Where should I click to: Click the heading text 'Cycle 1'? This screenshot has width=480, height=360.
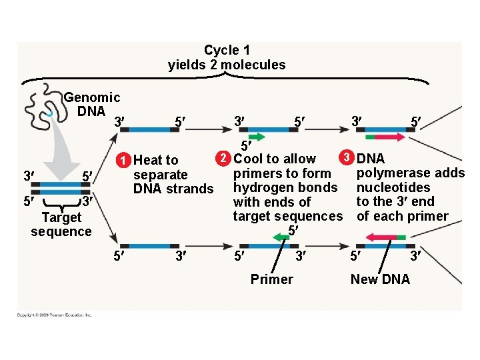[x=227, y=51]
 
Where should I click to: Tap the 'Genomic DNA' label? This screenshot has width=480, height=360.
[x=92, y=104]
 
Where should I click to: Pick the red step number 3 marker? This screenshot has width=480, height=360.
[x=345, y=159]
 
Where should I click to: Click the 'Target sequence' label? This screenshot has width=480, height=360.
[x=61, y=225]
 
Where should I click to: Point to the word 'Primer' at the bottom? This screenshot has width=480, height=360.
[x=271, y=279]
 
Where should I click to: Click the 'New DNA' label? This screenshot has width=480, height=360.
[x=381, y=279]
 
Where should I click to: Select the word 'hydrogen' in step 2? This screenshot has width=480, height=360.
[x=261, y=187]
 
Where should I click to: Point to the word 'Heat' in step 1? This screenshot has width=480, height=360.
[x=147, y=160]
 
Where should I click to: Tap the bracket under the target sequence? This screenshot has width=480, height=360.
[x=61, y=203]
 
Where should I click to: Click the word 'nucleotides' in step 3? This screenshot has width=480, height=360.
[x=393, y=187]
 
